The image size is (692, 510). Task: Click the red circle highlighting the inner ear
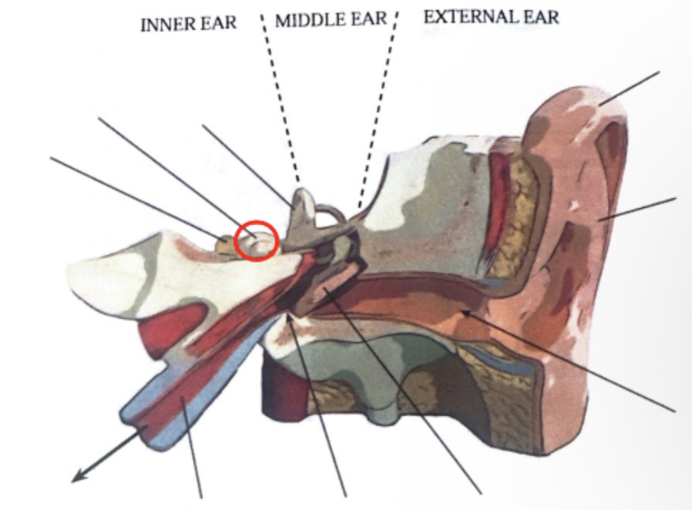point(256,241)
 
